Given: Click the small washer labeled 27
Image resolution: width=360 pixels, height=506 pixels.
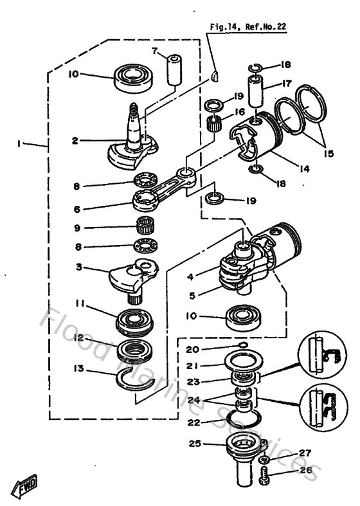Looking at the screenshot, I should [x=265, y=461].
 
